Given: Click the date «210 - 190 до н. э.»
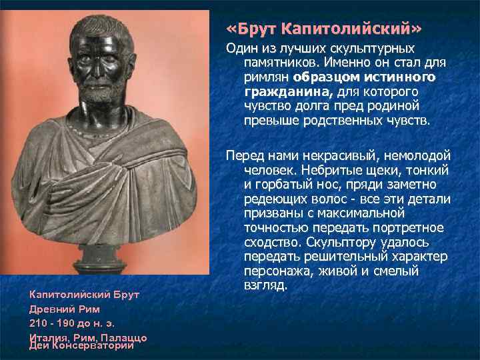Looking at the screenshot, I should pyautogui.click(x=73, y=323).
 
